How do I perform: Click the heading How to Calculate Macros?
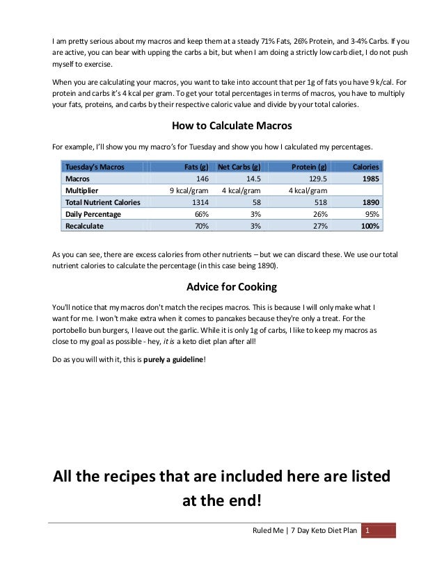(x=221, y=126)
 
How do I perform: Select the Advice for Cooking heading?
(x=221, y=287)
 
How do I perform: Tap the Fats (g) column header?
(x=195, y=167)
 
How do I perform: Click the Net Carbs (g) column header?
(x=239, y=167)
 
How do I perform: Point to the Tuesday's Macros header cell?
(x=95, y=167)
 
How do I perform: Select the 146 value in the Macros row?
(x=203, y=179)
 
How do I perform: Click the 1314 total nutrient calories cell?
(x=200, y=202)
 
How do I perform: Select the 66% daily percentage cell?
(x=202, y=214)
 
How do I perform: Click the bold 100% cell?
(x=369, y=226)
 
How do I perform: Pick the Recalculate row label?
(x=84, y=226)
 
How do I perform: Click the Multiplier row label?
(x=81, y=190)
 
